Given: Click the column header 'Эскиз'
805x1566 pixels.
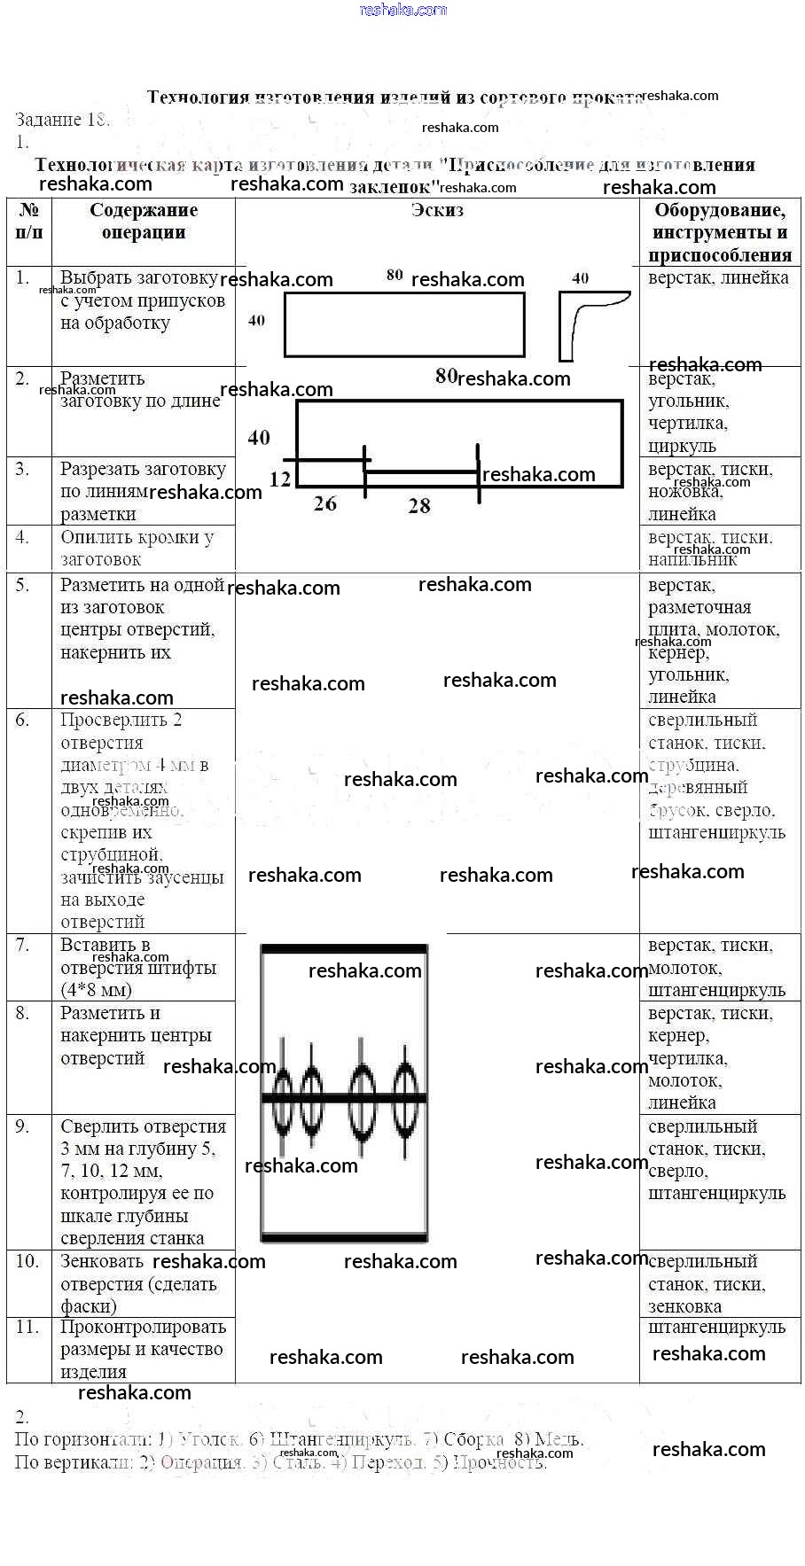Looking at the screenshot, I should pos(437,210).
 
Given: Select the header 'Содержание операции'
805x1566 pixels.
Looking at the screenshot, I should pos(144,221).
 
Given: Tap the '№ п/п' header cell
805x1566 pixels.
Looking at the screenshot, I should pos(29,221).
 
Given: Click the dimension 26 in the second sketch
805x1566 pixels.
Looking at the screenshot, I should pos(325,503).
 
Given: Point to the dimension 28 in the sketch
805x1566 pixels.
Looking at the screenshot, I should pos(419,506).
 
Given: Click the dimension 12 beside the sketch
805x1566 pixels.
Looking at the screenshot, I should pos(280,479).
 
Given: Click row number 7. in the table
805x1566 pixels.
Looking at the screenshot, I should pos(23,945).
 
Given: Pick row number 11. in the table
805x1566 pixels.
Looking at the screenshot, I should pos(27,1327).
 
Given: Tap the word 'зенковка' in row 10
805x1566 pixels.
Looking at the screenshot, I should pos(684,1306).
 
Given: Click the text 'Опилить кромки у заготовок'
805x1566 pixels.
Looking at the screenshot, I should pos(137,548).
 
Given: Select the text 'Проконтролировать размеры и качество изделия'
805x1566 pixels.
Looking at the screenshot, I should pos(143,1349).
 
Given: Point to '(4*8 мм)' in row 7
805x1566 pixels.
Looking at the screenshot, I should pos(96,990).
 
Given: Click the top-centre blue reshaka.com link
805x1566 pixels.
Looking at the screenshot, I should pos(402,10).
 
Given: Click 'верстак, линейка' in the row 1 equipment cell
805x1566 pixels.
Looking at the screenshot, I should pos(718,277).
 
